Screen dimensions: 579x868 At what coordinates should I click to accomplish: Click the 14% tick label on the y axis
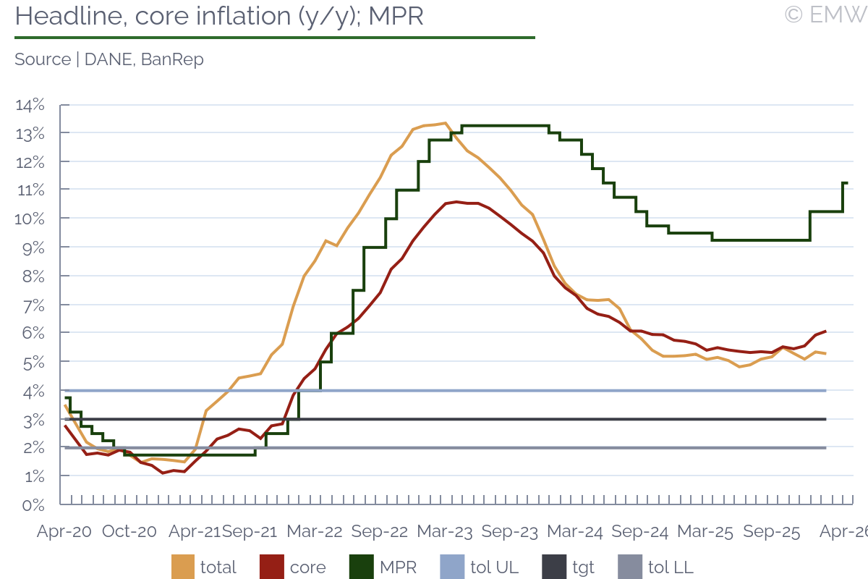tap(30, 106)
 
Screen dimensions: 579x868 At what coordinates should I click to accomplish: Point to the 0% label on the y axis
tap(33, 504)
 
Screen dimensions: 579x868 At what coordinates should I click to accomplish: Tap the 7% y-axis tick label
tap(33, 305)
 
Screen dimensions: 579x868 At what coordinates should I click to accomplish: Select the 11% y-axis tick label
tap(30, 190)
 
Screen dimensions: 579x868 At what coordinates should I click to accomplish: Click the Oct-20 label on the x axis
tap(129, 531)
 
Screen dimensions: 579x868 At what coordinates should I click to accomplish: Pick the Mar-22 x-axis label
tap(315, 531)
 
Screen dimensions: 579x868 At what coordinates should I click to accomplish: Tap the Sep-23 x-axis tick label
tap(510, 531)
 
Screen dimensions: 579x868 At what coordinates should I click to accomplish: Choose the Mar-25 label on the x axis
tap(705, 531)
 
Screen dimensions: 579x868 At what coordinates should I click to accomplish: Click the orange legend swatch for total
tap(183, 567)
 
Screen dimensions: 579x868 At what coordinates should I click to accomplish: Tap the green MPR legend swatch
tap(362, 567)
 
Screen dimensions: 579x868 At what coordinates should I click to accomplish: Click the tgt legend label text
tap(583, 567)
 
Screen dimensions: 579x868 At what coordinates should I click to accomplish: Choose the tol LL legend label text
tap(670, 567)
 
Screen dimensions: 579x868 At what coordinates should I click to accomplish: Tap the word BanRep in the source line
tap(172, 60)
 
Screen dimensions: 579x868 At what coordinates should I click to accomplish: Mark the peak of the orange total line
tap(445, 123)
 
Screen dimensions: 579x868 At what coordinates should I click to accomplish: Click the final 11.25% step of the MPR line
tap(845, 183)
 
